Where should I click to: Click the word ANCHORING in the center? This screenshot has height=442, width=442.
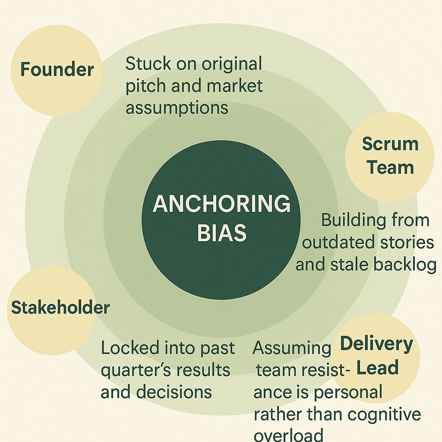point(221,204)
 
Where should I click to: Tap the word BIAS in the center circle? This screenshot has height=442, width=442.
point(221,233)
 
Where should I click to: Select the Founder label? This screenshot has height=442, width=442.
point(57,69)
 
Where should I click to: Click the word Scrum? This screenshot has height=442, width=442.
point(390,144)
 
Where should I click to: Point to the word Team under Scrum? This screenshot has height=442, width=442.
point(390,167)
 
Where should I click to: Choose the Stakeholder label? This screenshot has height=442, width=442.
point(60,308)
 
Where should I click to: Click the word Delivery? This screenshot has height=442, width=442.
point(376,344)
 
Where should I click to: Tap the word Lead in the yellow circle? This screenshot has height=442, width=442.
point(377,368)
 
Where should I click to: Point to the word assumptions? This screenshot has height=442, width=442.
point(177,107)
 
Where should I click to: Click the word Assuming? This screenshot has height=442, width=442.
point(292,348)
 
